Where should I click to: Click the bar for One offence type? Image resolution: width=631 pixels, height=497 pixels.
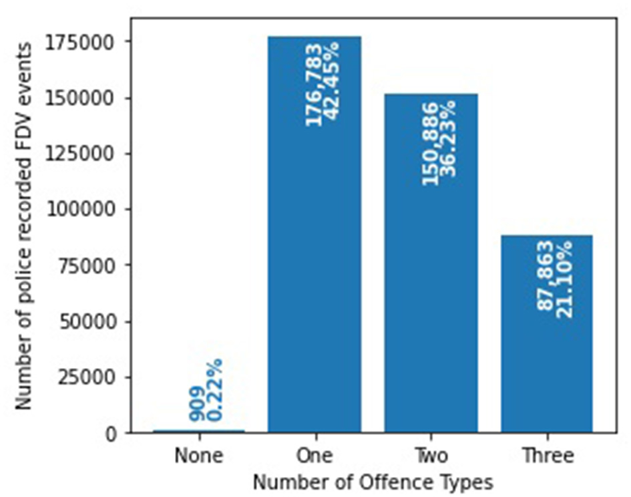[x=314, y=267]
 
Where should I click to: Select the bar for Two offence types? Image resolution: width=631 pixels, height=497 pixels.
[x=431, y=301]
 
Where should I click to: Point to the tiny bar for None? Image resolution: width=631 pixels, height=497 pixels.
[x=198, y=432]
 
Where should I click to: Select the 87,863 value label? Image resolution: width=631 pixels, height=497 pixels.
[x=546, y=275]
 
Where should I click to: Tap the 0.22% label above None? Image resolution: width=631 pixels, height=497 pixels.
[x=215, y=390]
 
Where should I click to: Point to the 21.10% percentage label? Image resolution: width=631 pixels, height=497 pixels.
[x=564, y=279]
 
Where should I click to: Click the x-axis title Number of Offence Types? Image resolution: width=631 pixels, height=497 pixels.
[x=373, y=481]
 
